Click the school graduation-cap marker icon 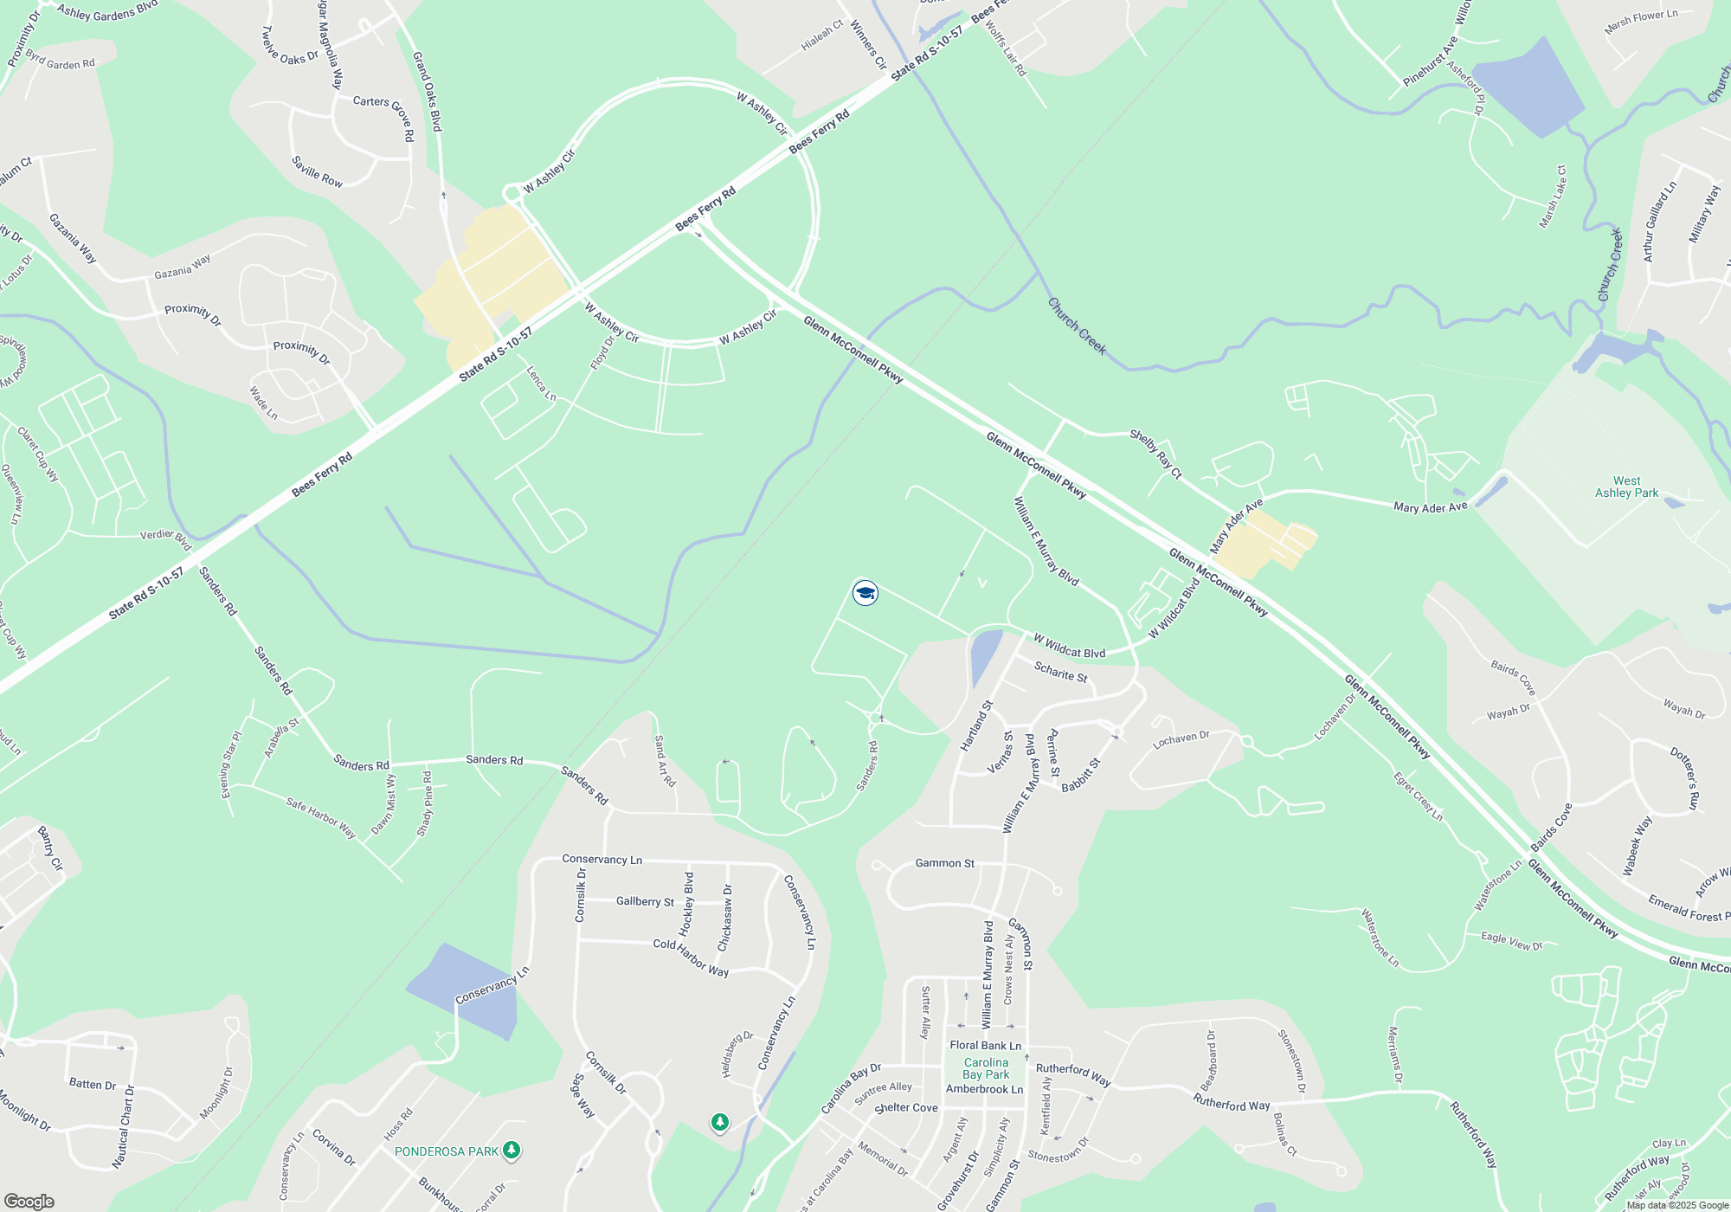865,593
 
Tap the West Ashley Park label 1626,487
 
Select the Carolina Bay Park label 986,1068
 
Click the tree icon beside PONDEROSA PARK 512,1150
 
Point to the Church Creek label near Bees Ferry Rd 1077,326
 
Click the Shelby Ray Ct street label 1155,454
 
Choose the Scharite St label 1060,672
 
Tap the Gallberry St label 645,901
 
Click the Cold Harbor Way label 691,957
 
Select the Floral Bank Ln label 985,1045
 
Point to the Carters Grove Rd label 384,116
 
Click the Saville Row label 317,171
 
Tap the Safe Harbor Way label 321,817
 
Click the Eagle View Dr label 1511,941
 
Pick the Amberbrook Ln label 984,1089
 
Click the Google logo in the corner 29,1201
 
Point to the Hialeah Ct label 821,35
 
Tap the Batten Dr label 93,1084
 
